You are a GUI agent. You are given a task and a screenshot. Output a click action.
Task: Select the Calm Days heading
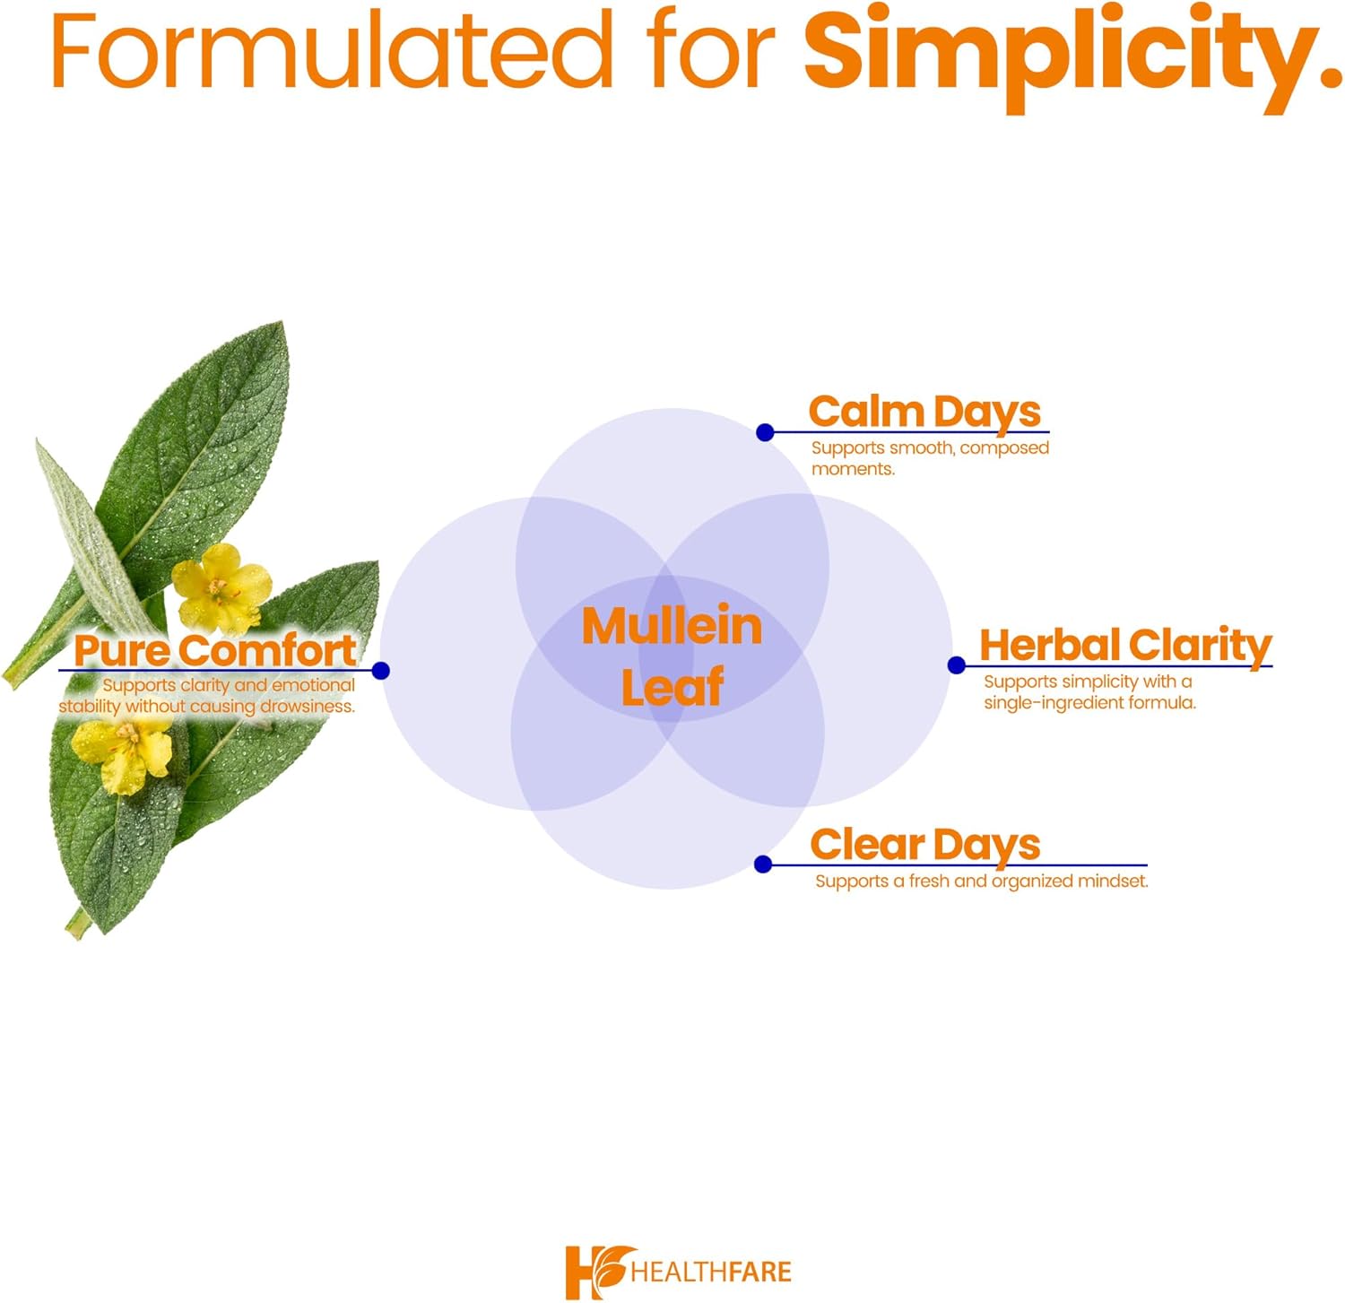(924, 412)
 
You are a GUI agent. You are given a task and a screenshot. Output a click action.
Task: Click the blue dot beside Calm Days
(765, 433)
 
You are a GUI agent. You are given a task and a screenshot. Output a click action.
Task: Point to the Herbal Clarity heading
(1125, 645)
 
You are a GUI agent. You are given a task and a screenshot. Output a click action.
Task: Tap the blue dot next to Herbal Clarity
(957, 665)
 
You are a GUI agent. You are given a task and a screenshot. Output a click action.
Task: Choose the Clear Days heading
(924, 845)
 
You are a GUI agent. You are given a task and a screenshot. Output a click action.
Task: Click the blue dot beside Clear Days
(763, 864)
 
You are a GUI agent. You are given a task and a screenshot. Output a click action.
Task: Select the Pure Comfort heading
(215, 650)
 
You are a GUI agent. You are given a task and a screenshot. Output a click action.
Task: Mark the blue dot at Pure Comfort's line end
(380, 671)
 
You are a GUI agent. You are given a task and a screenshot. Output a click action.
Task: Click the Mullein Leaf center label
(672, 656)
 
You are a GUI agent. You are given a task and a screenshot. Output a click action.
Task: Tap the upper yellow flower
(221, 587)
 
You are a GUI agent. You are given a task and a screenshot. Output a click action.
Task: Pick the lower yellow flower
(124, 751)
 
